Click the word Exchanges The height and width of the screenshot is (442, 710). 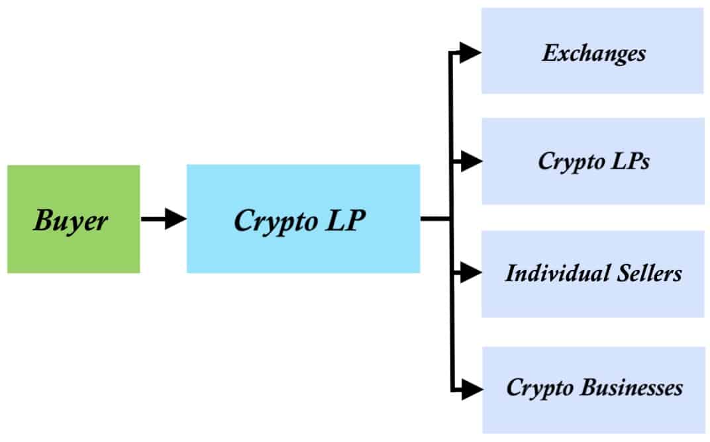click(x=593, y=53)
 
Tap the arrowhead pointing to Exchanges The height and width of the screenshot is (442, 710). click(x=471, y=53)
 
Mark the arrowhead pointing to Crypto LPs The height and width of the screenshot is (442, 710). click(x=471, y=161)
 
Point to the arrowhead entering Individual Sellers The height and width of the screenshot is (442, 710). click(x=471, y=272)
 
